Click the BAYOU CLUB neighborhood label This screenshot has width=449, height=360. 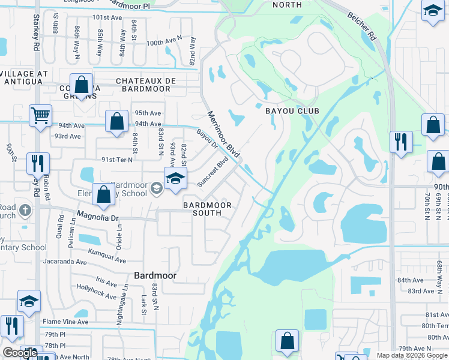[292, 111]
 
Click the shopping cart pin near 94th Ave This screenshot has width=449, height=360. [40, 114]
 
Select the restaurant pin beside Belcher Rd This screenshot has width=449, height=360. [401, 142]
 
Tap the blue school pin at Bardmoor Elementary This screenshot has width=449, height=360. [175, 179]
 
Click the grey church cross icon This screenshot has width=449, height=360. [24, 210]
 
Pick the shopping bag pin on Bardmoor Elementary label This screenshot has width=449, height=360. [104, 194]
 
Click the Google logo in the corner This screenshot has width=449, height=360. [20, 353]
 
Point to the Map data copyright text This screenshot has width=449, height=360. [412, 355]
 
